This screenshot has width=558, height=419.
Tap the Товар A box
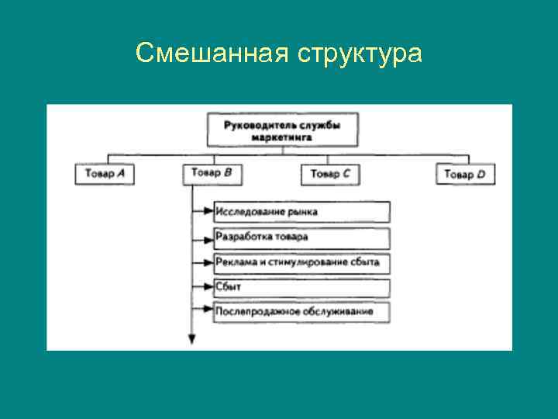pos(105,174)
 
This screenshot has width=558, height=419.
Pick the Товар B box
pos(212,173)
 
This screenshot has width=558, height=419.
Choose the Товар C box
pos(331,174)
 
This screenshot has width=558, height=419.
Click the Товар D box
pos(465,174)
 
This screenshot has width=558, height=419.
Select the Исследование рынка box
pos(301,212)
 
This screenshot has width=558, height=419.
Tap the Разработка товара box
pos(301,237)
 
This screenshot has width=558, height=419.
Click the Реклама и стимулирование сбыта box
pos(301,262)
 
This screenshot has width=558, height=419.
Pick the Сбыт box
pos(301,287)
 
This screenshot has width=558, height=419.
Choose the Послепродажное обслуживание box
pos(301,312)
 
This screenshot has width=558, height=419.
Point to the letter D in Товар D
pos(480,175)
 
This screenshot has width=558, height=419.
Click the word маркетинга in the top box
pos(283,137)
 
